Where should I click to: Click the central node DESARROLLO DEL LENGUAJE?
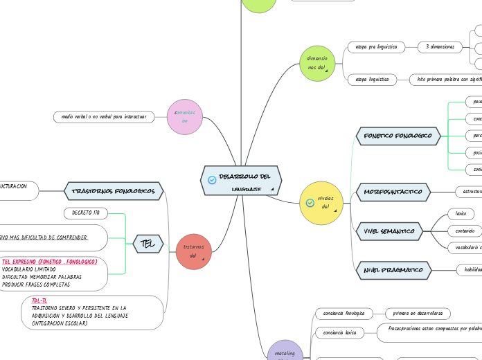pyautogui.click(x=241, y=180)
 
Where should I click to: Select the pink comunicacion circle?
pyautogui.click(x=185, y=116)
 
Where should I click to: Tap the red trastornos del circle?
pyautogui.click(x=193, y=251)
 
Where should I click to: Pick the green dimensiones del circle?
pyautogui.click(x=317, y=63)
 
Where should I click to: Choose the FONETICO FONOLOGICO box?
pyautogui.click(x=398, y=136)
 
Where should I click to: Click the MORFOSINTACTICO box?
pyautogui.click(x=393, y=191)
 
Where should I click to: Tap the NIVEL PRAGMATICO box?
pyautogui.click(x=393, y=270)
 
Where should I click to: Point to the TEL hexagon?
pyautogui.click(x=148, y=243)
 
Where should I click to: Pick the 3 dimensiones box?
pyautogui.click(x=440, y=47)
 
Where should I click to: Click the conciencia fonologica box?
pyautogui.click(x=344, y=314)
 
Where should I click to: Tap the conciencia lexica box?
pyautogui.click(x=339, y=333)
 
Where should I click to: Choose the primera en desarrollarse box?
pyautogui.click(x=418, y=314)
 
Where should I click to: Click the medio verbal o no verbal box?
pyautogui.click(x=104, y=117)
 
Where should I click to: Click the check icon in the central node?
pyautogui.click(x=212, y=180)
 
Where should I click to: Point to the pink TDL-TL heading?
pyautogui.click(x=39, y=300)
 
